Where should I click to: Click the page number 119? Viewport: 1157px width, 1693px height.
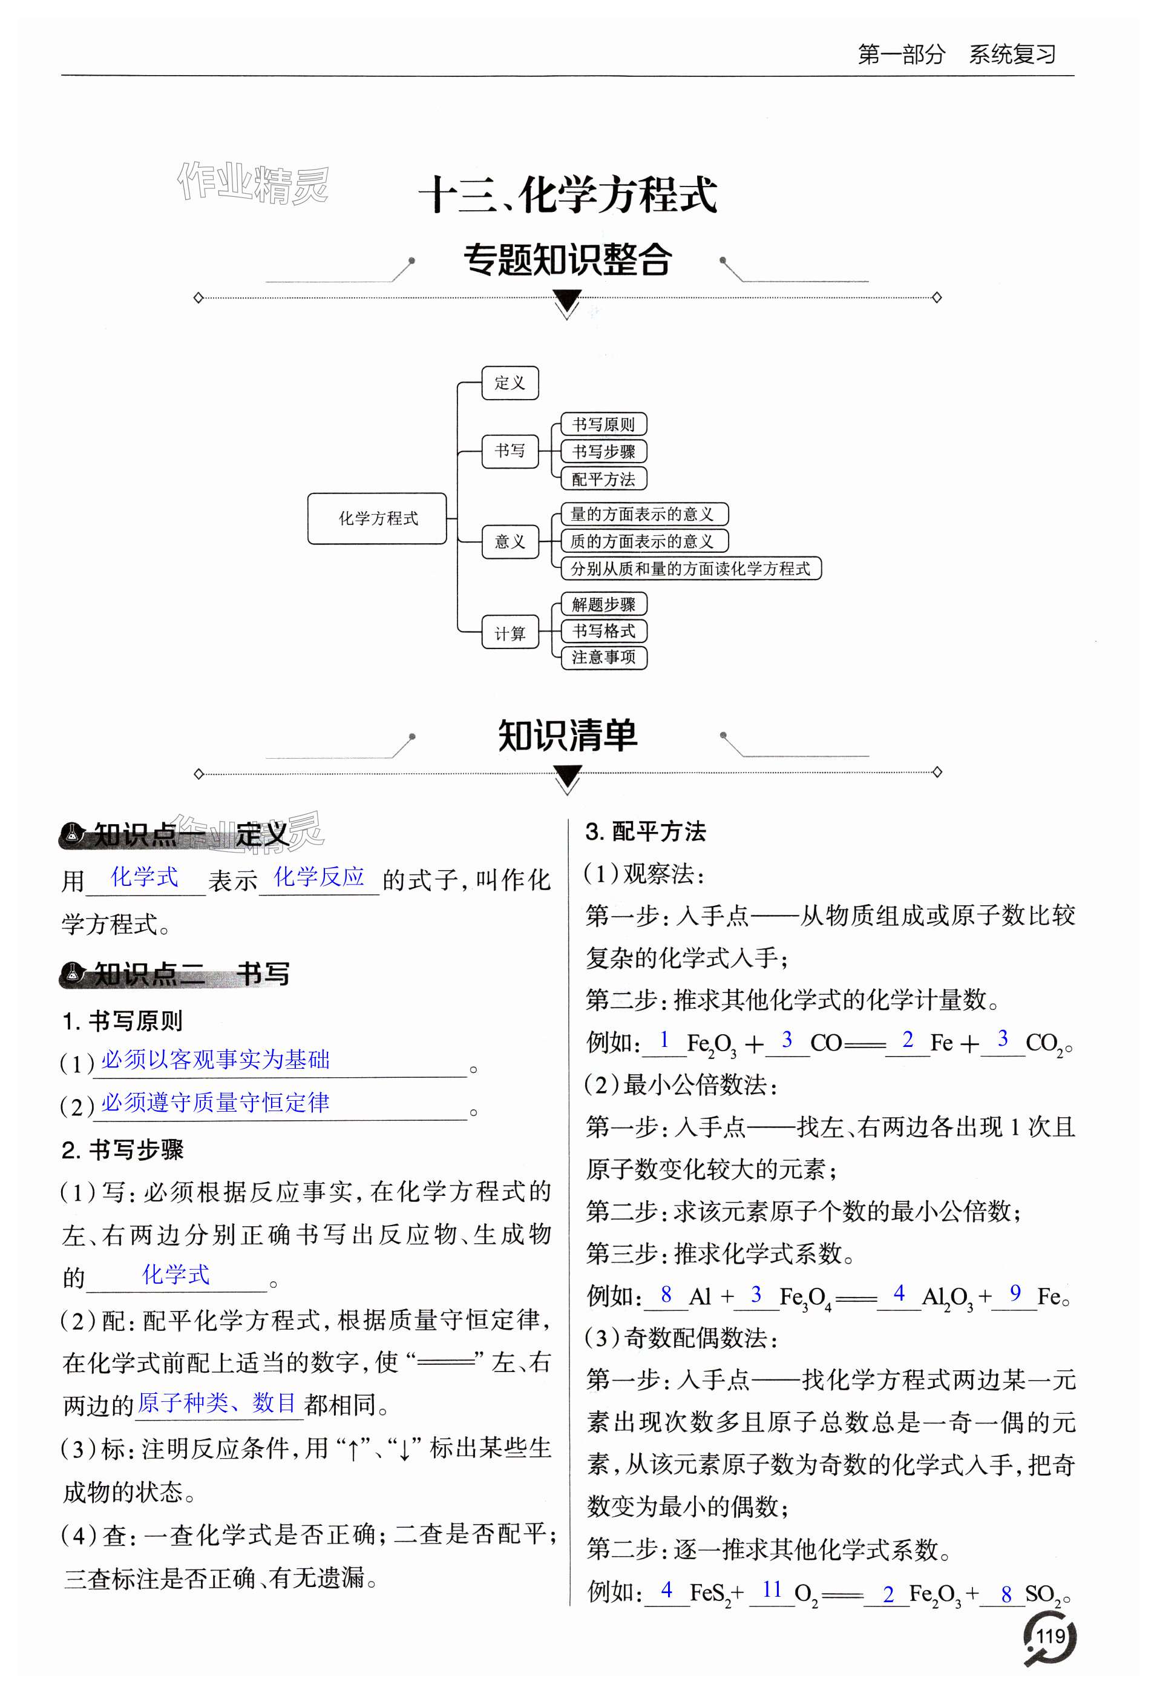pyautogui.click(x=1050, y=1637)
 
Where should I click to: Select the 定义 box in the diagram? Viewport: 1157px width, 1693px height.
pyautogui.click(x=510, y=383)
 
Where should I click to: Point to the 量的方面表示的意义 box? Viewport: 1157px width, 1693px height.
pyautogui.click(x=644, y=514)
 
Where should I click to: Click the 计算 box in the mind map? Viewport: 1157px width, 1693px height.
pyautogui.click(x=510, y=632)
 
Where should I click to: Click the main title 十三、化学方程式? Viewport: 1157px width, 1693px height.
pyautogui.click(x=568, y=195)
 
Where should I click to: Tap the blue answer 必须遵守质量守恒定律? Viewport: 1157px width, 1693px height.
pyautogui.click(x=215, y=1102)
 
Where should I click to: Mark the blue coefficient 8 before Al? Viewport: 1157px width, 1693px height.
pyautogui.click(x=666, y=1294)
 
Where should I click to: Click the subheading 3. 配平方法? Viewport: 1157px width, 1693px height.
pyautogui.click(x=645, y=831)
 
